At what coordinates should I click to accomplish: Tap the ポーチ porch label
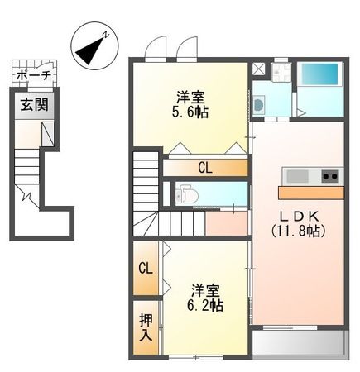[x=34, y=75]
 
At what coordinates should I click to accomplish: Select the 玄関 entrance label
[x=34, y=104]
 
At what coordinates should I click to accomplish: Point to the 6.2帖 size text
[x=204, y=304]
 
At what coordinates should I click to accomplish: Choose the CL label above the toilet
[x=204, y=168]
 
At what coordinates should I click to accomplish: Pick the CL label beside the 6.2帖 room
[x=145, y=268]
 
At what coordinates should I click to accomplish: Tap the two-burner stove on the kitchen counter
[x=329, y=175]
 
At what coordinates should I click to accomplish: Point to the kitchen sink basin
[x=297, y=175]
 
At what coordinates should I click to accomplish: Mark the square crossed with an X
[x=259, y=69]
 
